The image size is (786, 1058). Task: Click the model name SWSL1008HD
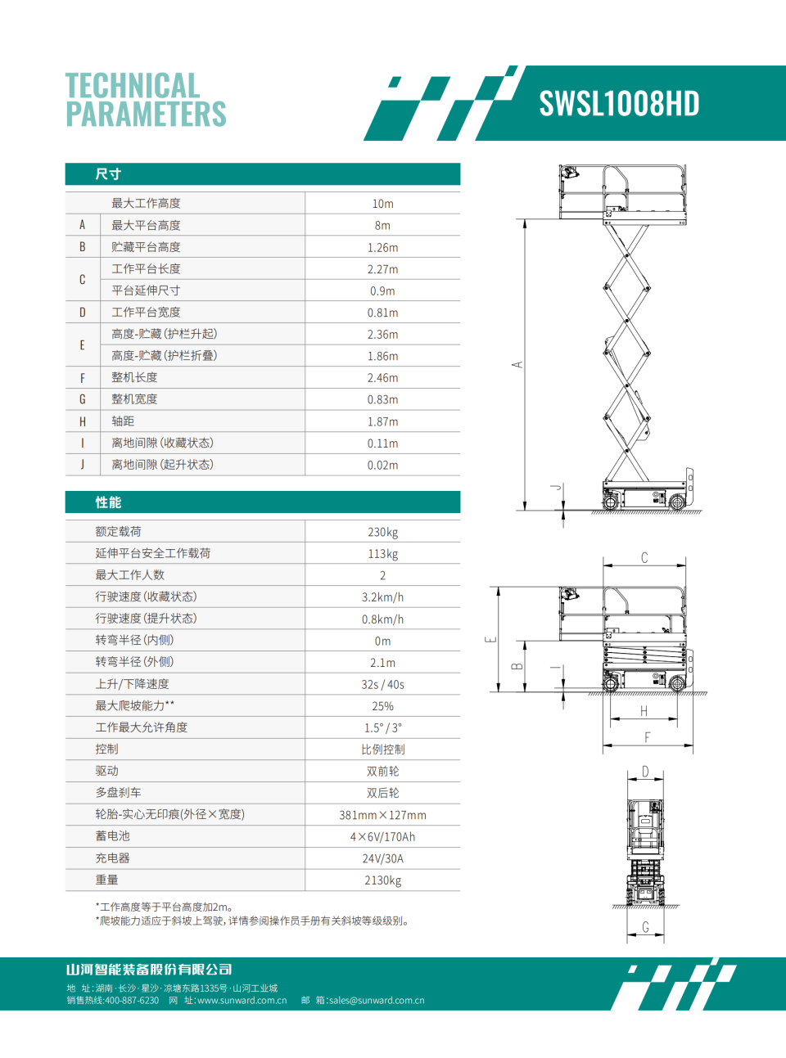click(619, 104)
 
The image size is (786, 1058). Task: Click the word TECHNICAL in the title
click(133, 86)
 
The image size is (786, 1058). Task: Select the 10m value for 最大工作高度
click(382, 204)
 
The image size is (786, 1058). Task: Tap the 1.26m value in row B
click(382, 247)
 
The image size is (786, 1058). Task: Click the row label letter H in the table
click(82, 421)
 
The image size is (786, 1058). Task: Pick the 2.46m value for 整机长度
click(382, 378)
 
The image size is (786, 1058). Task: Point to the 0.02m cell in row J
click(382, 465)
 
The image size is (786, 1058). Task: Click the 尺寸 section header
click(108, 174)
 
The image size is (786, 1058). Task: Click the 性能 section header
click(108, 502)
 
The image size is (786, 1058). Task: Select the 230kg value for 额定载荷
click(382, 532)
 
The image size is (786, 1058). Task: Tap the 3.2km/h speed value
click(382, 597)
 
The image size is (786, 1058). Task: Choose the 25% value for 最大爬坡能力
click(382, 706)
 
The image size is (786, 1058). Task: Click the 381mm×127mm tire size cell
click(382, 815)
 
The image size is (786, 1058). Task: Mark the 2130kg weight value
click(382, 880)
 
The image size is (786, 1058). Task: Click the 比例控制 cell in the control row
click(382, 750)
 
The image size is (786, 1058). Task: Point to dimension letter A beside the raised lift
click(517, 365)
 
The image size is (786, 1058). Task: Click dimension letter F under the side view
click(647, 737)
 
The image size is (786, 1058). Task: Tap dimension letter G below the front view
click(645, 927)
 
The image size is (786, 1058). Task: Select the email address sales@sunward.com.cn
click(377, 1000)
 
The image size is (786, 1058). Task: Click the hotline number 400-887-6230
click(132, 1000)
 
